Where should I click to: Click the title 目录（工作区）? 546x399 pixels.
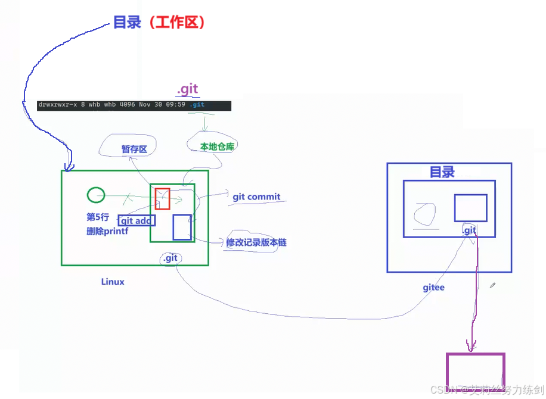pos(160,23)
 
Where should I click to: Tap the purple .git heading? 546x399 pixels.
pos(187,89)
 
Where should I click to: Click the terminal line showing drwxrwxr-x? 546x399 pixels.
pos(134,105)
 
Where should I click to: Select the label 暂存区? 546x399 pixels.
pos(134,149)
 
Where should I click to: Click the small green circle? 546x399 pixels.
pos(95,195)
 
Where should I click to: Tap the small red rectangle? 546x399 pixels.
pos(163,199)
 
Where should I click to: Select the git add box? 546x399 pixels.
pos(136,221)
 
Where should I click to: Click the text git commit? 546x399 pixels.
pos(256,197)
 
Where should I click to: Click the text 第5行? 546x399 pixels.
pos(98,217)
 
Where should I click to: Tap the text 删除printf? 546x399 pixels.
pos(107,232)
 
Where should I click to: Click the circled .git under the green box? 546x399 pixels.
pos(170,258)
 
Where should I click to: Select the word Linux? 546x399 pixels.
pos(113,282)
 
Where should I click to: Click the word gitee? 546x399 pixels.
pos(433,288)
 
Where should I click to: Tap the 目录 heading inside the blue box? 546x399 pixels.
pos(442,173)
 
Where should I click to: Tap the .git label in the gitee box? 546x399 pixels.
pos(470,230)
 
